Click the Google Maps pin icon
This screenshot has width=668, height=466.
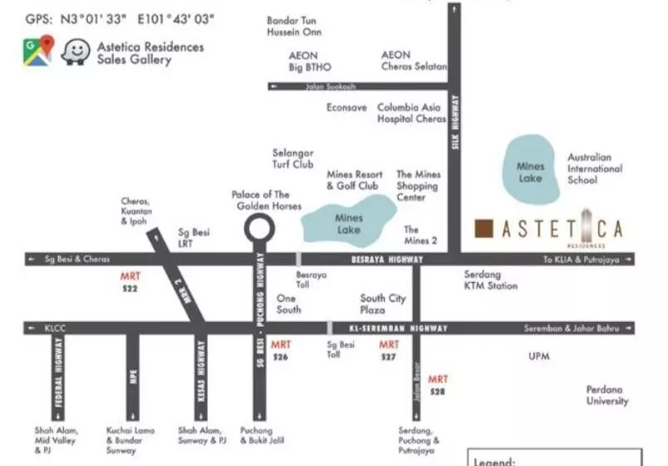click(x=38, y=51)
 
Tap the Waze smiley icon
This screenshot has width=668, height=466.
click(x=75, y=52)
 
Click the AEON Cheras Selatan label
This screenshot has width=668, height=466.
click(x=414, y=61)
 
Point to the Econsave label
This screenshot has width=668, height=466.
click(x=346, y=108)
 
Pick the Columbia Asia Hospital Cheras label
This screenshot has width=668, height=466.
click(x=412, y=113)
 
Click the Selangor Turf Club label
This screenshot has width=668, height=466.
click(x=293, y=159)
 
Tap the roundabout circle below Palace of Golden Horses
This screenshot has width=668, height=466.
click(x=258, y=227)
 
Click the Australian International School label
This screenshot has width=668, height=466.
click(x=595, y=168)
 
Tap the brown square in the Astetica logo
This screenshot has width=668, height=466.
click(x=485, y=228)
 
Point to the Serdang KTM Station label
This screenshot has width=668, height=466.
click(x=490, y=280)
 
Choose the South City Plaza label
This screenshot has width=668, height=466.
click(x=383, y=304)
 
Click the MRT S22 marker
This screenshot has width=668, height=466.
click(x=130, y=282)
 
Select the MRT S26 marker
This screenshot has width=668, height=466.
click(x=281, y=350)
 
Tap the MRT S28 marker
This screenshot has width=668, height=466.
click(x=438, y=385)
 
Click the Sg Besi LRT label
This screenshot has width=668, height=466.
click(x=195, y=238)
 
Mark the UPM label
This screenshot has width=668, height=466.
click(x=539, y=357)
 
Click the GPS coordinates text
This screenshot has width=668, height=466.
click(x=120, y=17)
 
